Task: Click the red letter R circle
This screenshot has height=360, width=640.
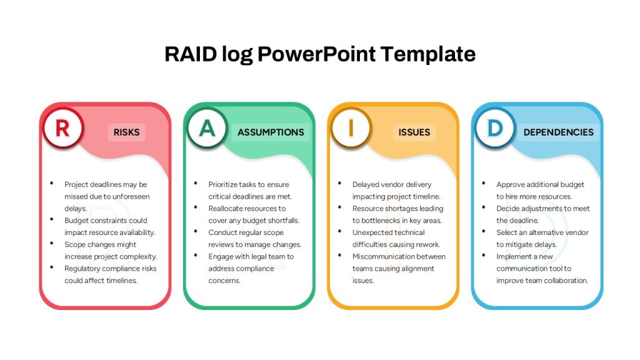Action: pos(63,128)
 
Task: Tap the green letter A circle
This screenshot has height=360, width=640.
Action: pos(207,128)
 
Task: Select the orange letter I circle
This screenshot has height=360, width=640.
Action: pos(351,128)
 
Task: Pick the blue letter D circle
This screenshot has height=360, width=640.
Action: pos(495,128)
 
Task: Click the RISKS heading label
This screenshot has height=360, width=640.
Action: pos(126,132)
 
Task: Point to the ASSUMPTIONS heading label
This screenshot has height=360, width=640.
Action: pos(271,132)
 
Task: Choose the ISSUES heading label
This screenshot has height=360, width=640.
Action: pos(414,132)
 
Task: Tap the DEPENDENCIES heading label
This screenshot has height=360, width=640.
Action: pos(558,132)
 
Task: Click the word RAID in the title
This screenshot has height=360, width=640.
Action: pos(191,54)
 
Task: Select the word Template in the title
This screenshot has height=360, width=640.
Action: pos(427,54)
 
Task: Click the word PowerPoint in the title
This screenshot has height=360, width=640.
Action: pos(316,54)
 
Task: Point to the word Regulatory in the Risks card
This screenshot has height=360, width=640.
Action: pos(82,269)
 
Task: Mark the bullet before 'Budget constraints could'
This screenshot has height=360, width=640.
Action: pos(52,219)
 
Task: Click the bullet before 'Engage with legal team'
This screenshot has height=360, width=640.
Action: pos(196,255)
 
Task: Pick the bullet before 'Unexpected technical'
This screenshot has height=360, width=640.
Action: pos(339,231)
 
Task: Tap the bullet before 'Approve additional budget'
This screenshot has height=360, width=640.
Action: pos(484,183)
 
